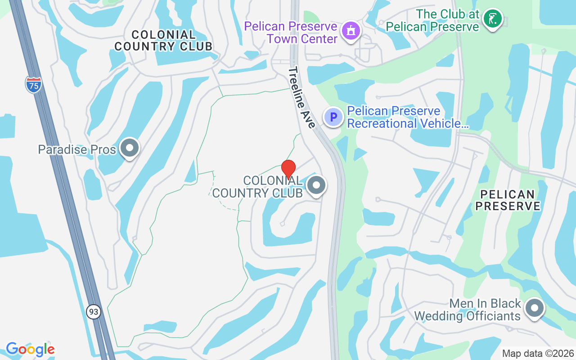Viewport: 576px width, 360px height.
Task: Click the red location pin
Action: point(288,169)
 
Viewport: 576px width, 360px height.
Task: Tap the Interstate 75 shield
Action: point(33,85)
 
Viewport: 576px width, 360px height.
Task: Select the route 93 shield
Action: point(93,311)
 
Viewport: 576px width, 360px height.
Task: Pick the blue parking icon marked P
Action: point(333,117)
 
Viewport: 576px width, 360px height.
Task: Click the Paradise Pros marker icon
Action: point(130,148)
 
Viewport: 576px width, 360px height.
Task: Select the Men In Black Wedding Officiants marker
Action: point(535,308)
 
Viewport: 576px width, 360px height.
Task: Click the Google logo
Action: point(30,349)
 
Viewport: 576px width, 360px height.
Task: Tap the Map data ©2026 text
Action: point(538,353)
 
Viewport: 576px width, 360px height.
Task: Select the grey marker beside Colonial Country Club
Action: point(316,184)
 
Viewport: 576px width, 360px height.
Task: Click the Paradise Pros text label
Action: point(77,149)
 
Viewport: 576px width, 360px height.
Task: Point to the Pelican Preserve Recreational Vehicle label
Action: point(408,117)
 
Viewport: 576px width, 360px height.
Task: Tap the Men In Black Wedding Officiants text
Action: point(468,310)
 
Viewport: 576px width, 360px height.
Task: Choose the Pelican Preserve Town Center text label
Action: point(291,32)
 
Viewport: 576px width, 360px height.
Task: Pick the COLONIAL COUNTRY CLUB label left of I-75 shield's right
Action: point(163,40)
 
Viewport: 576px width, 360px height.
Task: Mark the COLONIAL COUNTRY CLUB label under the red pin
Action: point(257,187)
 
